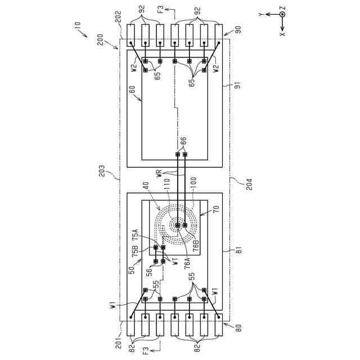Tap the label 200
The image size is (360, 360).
pos(100,40)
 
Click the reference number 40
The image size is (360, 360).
pos(147,187)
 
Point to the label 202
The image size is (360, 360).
pos(119,17)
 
